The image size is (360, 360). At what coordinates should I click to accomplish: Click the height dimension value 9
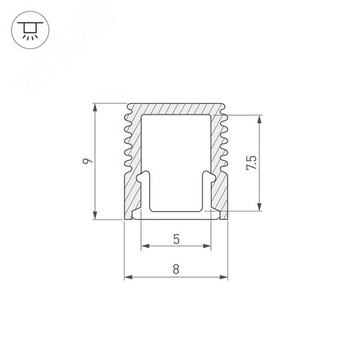[x=86, y=163]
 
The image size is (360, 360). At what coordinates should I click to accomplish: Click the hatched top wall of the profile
[x=176, y=108]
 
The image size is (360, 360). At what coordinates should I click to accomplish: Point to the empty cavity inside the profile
[x=176, y=151]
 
